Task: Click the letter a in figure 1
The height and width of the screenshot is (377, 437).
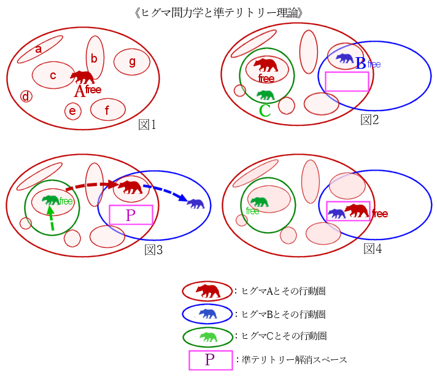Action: [39, 49]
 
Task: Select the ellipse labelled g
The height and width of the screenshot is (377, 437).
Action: [132, 62]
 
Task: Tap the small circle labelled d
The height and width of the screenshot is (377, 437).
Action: [26, 96]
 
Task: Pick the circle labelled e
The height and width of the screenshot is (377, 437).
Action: [73, 111]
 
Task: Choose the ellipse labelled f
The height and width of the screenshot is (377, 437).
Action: [108, 109]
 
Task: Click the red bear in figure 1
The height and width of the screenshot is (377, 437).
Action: [82, 77]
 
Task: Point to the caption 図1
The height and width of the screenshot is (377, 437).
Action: [147, 125]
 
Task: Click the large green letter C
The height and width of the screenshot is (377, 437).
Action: [265, 111]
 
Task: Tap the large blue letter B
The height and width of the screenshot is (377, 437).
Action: [361, 64]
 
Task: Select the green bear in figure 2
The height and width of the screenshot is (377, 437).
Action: [266, 95]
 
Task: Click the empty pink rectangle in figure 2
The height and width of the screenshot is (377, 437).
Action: [347, 82]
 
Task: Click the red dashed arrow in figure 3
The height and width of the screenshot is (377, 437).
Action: [93, 185]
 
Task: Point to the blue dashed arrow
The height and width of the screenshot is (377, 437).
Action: [167, 192]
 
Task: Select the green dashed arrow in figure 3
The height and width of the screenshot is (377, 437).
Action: [51, 218]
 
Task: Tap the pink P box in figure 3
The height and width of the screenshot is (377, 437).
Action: [131, 215]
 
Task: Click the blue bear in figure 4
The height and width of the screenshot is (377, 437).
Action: [336, 214]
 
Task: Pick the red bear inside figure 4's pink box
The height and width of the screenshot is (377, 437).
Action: [357, 211]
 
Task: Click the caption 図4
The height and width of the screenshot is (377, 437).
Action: [373, 249]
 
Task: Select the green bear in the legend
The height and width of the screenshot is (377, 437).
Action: [209, 337]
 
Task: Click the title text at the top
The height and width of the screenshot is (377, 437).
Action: [218, 13]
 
